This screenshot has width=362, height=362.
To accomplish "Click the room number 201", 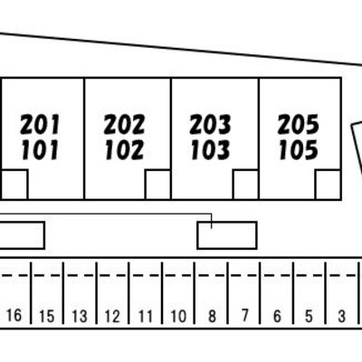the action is pyautogui.click(x=40, y=125).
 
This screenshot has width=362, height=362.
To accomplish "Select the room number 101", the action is pyautogui.click(x=40, y=150).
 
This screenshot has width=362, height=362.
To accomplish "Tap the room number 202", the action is pyautogui.click(x=124, y=125).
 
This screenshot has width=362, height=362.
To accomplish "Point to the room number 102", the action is pyautogui.click(x=125, y=150).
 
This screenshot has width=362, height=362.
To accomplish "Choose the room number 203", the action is pyautogui.click(x=210, y=125).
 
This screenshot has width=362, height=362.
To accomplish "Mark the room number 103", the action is pyautogui.click(x=211, y=150).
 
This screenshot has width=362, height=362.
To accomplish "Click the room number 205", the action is pyautogui.click(x=299, y=125).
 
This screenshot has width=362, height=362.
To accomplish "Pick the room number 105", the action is pyautogui.click(x=299, y=150).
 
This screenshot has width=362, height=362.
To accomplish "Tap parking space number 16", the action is pyautogui.click(x=14, y=316).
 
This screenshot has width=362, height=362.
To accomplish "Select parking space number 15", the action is pyautogui.click(x=47, y=316).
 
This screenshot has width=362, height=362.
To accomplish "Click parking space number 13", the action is pyautogui.click(x=80, y=316).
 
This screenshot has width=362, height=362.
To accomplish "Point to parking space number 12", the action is pyautogui.click(x=112, y=316).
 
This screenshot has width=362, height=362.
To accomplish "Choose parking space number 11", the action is pyautogui.click(x=146, y=316).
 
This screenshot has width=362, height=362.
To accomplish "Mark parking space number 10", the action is pyautogui.click(x=178, y=316).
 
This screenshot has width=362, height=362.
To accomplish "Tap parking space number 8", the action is pyautogui.click(x=212, y=316).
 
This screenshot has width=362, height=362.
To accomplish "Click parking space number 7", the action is pyautogui.click(x=244, y=316).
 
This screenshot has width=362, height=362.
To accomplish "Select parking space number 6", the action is pyautogui.click(x=277, y=316).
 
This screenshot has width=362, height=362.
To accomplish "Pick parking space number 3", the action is pyautogui.click(x=341, y=316).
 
